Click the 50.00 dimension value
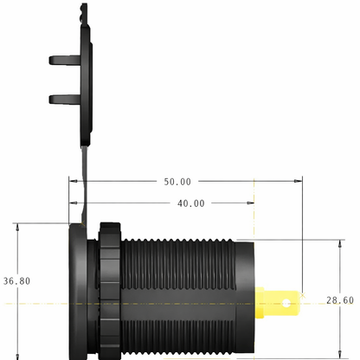pos(177,182)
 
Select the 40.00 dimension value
pos(191,203)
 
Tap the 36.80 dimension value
pos(16,281)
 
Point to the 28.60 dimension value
pos(340,300)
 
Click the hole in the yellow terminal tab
pos(286,303)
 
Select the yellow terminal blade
pos(278,303)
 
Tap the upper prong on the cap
pos(65,60)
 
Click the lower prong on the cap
pos(65,100)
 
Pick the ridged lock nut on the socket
pos(110,291)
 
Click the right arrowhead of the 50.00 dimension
pos(299,181)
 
